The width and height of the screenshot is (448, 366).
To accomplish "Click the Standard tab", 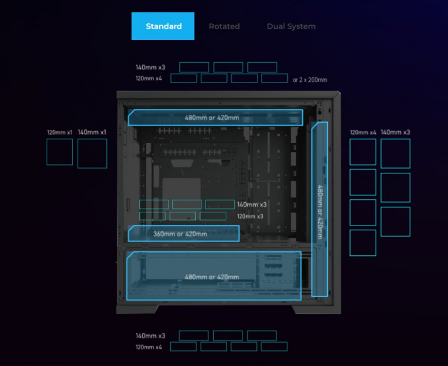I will (163, 26).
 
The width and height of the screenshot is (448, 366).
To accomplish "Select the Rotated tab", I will (224, 26).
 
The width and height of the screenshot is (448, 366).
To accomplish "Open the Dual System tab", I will (291, 26).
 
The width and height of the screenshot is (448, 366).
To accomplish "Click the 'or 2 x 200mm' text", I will (309, 80).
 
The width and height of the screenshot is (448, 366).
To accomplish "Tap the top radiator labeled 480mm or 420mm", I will (215, 117).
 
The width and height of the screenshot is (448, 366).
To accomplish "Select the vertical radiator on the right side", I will (320, 208).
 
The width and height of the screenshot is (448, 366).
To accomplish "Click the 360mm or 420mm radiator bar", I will (183, 234).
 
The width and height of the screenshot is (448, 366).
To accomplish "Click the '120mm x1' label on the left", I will (60, 133).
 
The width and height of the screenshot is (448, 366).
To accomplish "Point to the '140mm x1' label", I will (92, 132).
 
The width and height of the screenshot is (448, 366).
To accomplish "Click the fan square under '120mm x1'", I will (60, 152).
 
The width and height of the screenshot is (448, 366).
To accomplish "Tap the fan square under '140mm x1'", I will (92, 154).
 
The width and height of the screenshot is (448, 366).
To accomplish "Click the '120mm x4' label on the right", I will (363, 132).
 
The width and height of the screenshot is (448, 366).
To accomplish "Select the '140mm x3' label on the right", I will (395, 132).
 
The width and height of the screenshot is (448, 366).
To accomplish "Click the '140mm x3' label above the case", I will (150, 67).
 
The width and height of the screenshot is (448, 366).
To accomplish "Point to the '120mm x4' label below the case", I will (149, 347).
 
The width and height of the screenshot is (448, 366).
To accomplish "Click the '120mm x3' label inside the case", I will (250, 216).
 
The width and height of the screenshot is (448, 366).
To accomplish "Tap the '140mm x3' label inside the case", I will (251, 205).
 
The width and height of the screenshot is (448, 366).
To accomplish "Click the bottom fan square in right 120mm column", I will (363, 243).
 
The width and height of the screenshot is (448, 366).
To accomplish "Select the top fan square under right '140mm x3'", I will (395, 153).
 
